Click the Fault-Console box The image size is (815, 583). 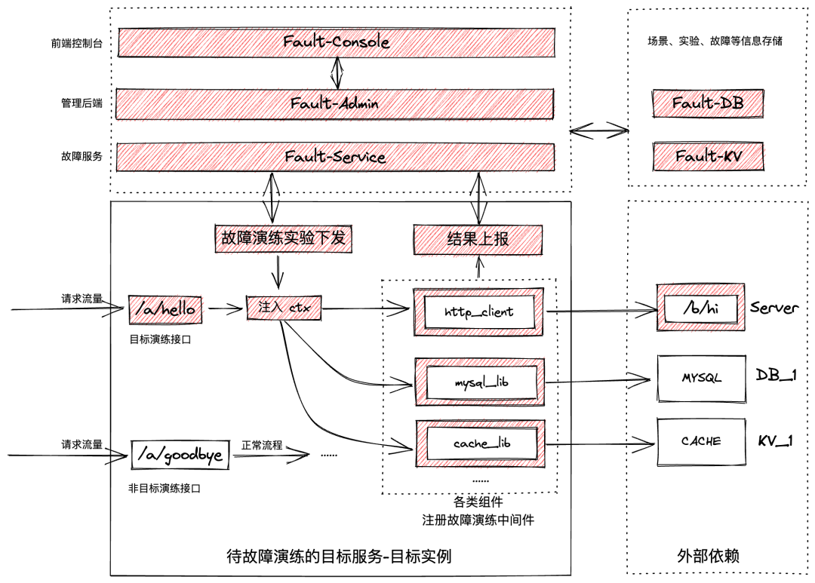coord(337,42)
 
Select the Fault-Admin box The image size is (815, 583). coord(335,104)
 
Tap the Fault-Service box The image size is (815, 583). coord(335,157)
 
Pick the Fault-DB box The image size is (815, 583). coord(708,103)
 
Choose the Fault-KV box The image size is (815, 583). coord(709,156)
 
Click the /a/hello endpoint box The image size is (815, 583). coord(165,310)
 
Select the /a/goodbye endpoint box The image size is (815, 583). coord(180,456)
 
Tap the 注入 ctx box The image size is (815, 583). coord(284,308)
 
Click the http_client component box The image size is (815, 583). coord(478,311)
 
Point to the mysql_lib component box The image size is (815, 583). coord(480,382)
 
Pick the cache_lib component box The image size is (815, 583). coord(481,443)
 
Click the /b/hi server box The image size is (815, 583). coord(700,308)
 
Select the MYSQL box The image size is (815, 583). coord(701,379)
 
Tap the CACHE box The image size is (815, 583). coord(701,442)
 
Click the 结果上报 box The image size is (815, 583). coord(478,240)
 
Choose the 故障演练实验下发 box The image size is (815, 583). coord(283,238)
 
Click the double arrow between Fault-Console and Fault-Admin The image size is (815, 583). coord(337,72)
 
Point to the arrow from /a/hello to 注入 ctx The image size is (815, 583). coord(225,309)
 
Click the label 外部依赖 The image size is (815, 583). coord(708,556)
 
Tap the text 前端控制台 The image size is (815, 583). coord(76,43)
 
